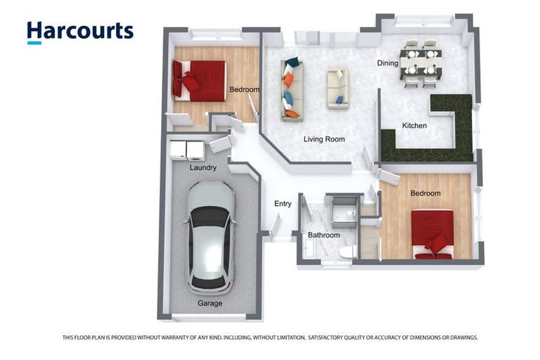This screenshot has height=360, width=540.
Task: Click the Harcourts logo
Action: click(x=80, y=32)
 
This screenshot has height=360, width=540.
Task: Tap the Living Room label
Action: click(x=324, y=139)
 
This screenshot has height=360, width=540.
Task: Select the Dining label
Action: click(x=388, y=63)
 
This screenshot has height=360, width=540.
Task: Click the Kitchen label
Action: click(x=414, y=125)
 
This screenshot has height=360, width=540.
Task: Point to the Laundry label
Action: click(x=202, y=168)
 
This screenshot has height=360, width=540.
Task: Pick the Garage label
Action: click(x=210, y=303)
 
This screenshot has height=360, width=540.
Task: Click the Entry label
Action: click(x=283, y=204)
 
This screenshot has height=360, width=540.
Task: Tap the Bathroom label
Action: click(x=323, y=235)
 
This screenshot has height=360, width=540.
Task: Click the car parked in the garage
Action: click(x=210, y=238)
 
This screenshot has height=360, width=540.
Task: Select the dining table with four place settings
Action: click(x=421, y=63)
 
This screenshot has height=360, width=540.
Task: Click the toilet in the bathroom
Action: click(x=348, y=252)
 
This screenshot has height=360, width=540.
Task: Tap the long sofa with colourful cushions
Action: click(x=292, y=90)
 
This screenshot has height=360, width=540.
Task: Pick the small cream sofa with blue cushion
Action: click(x=337, y=89)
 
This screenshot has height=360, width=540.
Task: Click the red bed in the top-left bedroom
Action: click(x=199, y=82)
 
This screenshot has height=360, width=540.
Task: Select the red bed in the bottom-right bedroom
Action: click(x=432, y=235)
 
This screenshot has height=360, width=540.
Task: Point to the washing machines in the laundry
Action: click(x=186, y=150)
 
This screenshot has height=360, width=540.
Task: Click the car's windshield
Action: click(x=210, y=217)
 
